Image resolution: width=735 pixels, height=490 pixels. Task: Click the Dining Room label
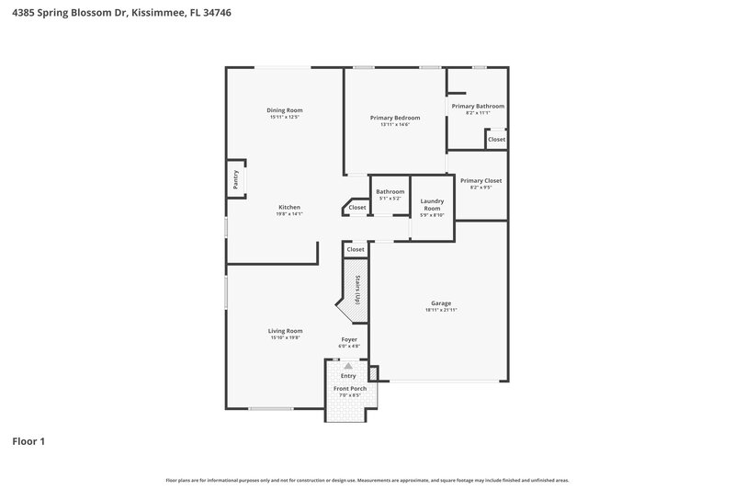pos(285,110)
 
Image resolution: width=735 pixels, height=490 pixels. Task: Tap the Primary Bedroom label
pos(395,118)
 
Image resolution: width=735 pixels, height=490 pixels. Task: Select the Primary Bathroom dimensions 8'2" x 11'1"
pos(478,113)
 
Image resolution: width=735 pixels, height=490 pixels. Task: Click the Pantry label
pos(236,179)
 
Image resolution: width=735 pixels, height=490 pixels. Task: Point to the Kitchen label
pos(289,207)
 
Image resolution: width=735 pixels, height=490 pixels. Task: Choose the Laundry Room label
pos(432,204)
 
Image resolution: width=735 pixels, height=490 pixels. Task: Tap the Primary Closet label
pos(481,181)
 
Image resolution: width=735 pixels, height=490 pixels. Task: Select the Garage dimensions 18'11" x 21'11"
pos(441,310)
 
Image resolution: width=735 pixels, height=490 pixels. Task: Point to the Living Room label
pos(285,331)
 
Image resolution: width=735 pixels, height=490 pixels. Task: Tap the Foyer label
pos(349,339)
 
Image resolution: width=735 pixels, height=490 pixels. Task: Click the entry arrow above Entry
pos(348,366)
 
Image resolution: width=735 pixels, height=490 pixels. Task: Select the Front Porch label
pos(349,389)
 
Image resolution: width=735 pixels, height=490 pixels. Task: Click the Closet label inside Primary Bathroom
pos(496,139)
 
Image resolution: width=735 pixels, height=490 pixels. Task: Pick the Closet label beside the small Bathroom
pos(357,208)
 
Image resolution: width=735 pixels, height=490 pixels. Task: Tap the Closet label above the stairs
pos(356,249)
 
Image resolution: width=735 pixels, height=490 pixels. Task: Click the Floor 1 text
pos(28,442)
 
